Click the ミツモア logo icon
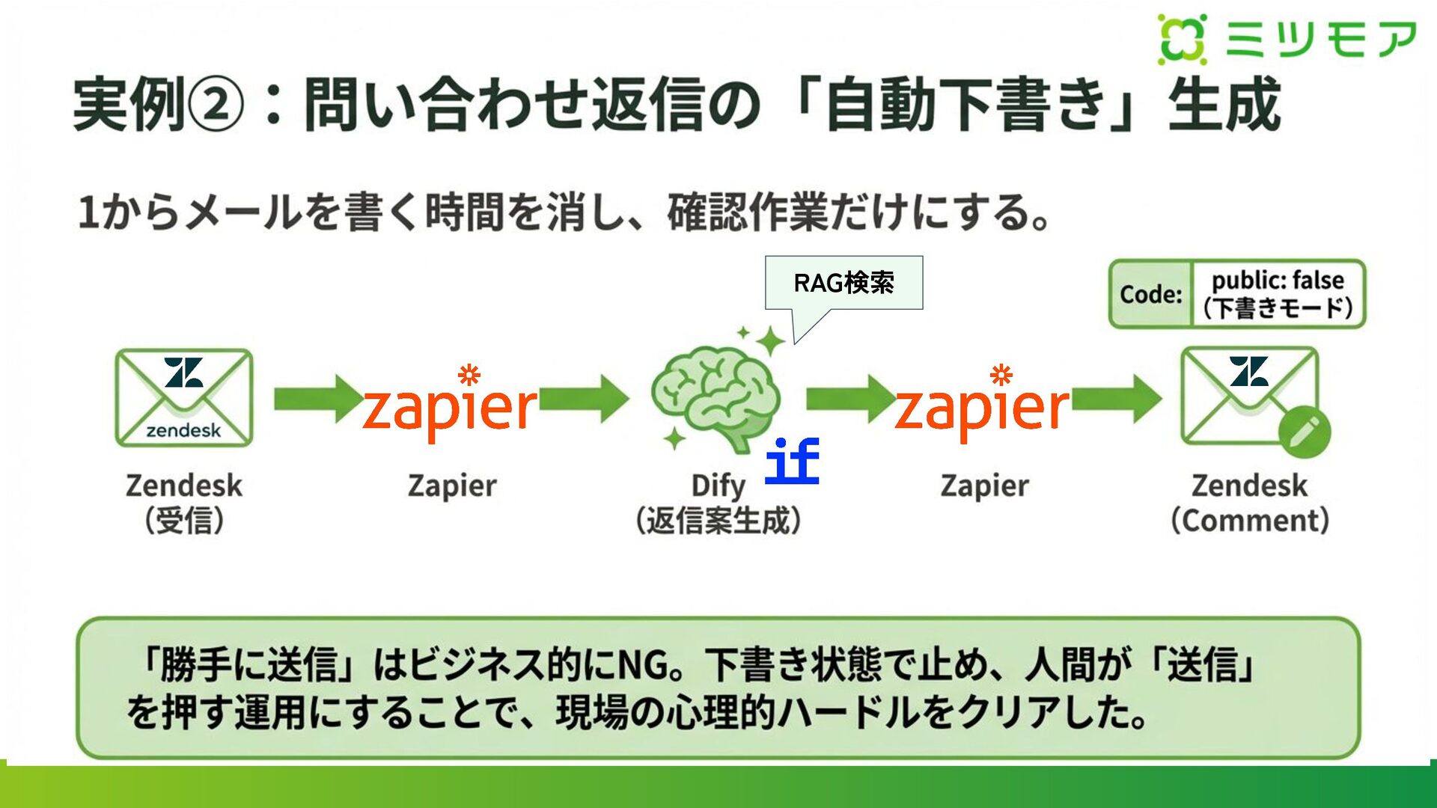tap(1182, 39)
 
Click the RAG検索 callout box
tap(843, 283)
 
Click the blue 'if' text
tap(792, 461)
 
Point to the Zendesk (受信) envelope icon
tap(184, 398)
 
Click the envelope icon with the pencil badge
tap(1249, 397)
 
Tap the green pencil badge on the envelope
tap(1304, 432)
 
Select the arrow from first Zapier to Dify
tap(584, 398)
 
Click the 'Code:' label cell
tap(1150, 294)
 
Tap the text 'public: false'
tap(1278, 281)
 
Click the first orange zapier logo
tap(450, 408)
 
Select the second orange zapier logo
tap(982, 408)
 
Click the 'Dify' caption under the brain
tap(718, 486)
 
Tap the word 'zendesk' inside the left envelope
tap(183, 430)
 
